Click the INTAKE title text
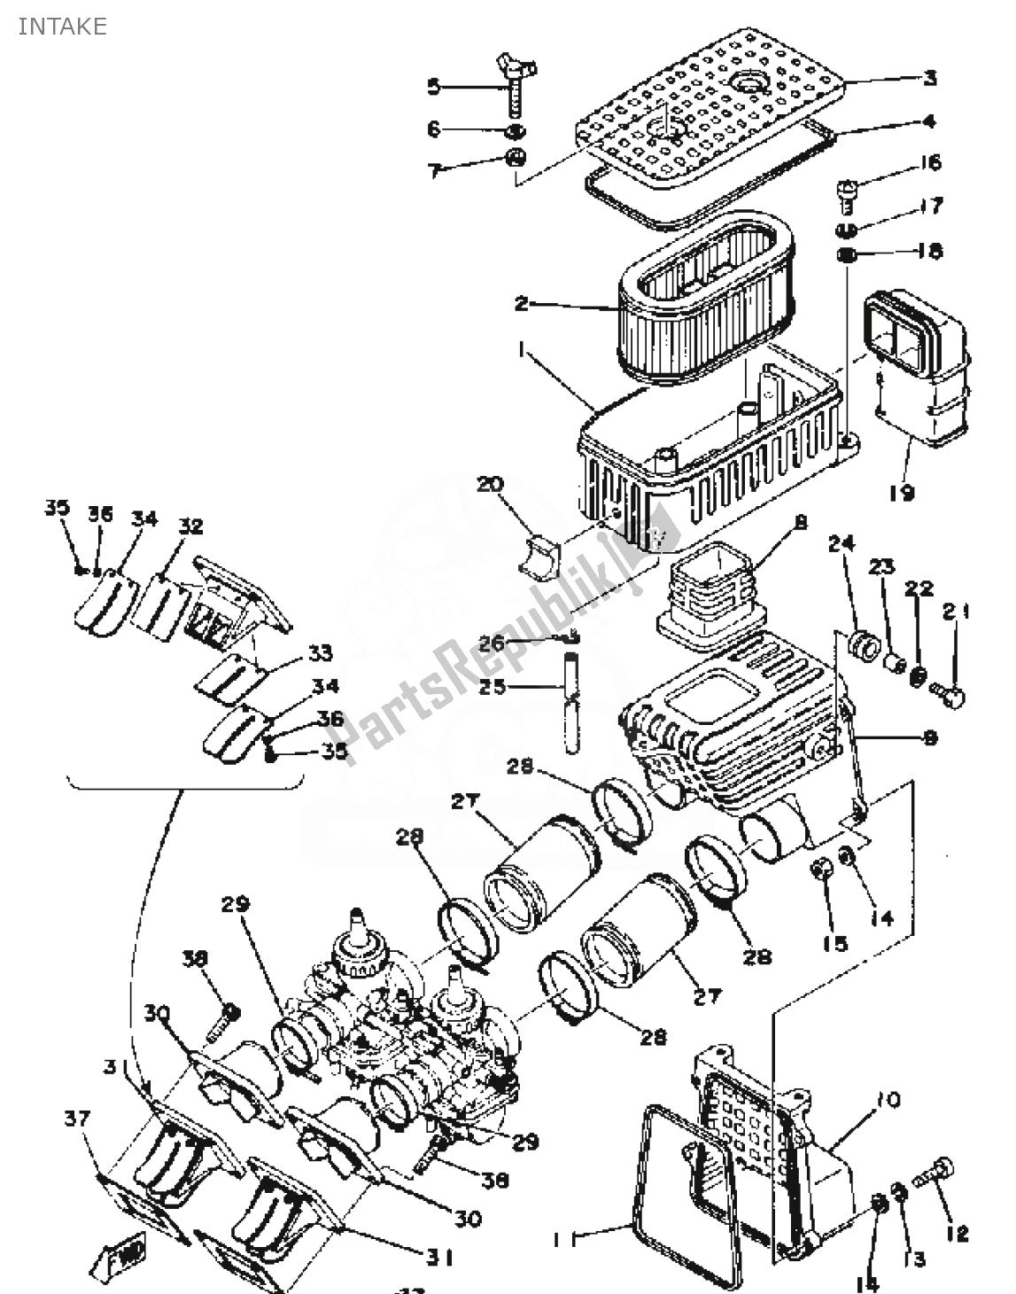(62, 27)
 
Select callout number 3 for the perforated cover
(929, 79)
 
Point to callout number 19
(901, 492)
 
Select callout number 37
(78, 1119)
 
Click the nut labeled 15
(822, 873)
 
